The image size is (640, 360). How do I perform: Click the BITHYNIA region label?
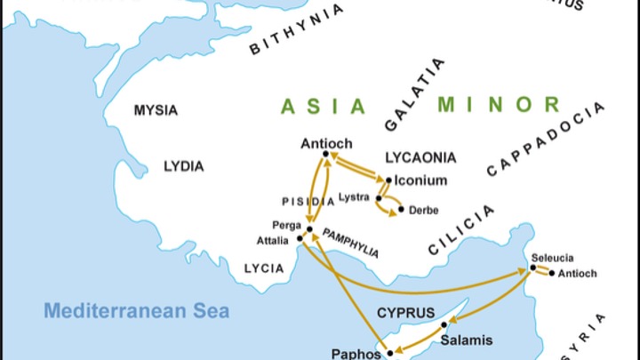pos(297,29)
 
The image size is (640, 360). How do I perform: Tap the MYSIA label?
pos(156,110)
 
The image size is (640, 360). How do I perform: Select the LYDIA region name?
pos(183,166)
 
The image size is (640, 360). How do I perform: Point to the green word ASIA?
pos(324,107)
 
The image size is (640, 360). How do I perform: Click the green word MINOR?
pos(499,104)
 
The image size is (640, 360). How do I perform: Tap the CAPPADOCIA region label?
pos(547,138)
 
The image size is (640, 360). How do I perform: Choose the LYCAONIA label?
pos(420,157)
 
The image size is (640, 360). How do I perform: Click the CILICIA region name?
pos(461,230)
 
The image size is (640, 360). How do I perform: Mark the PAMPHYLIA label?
pos(350,242)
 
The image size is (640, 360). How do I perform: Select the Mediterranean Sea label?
pos(137,311)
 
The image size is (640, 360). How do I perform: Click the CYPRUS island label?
pos(405,313)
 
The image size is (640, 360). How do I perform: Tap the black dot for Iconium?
pos(388,180)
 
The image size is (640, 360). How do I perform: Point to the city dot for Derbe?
pos(401,210)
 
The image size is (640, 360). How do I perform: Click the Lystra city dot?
pos(378,197)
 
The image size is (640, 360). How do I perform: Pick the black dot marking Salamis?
pos(444,324)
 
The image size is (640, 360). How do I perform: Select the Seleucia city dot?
pos(533,268)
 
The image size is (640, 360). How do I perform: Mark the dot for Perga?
pos(309,228)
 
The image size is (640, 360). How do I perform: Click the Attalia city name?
pos(272,240)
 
